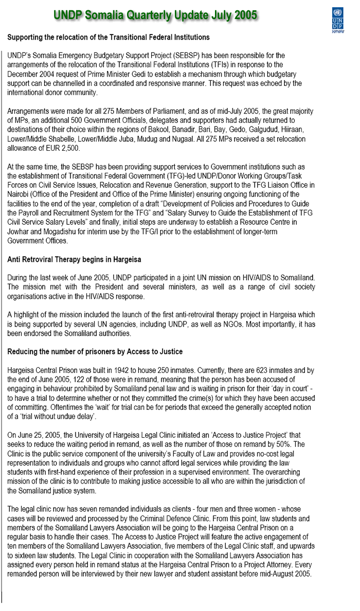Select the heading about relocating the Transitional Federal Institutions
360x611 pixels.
(109, 38)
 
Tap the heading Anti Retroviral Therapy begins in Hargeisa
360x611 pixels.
(74, 259)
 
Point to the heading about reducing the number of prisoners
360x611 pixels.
(95, 351)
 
